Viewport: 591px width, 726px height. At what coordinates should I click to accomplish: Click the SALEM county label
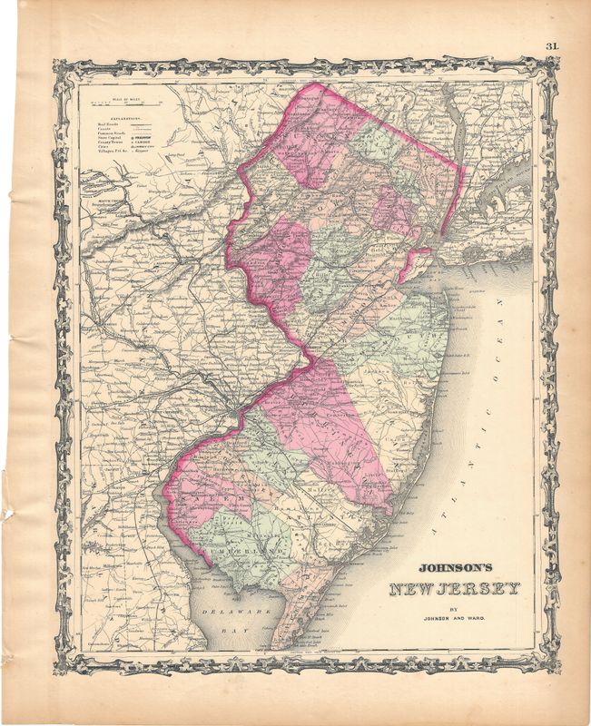point(206,498)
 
